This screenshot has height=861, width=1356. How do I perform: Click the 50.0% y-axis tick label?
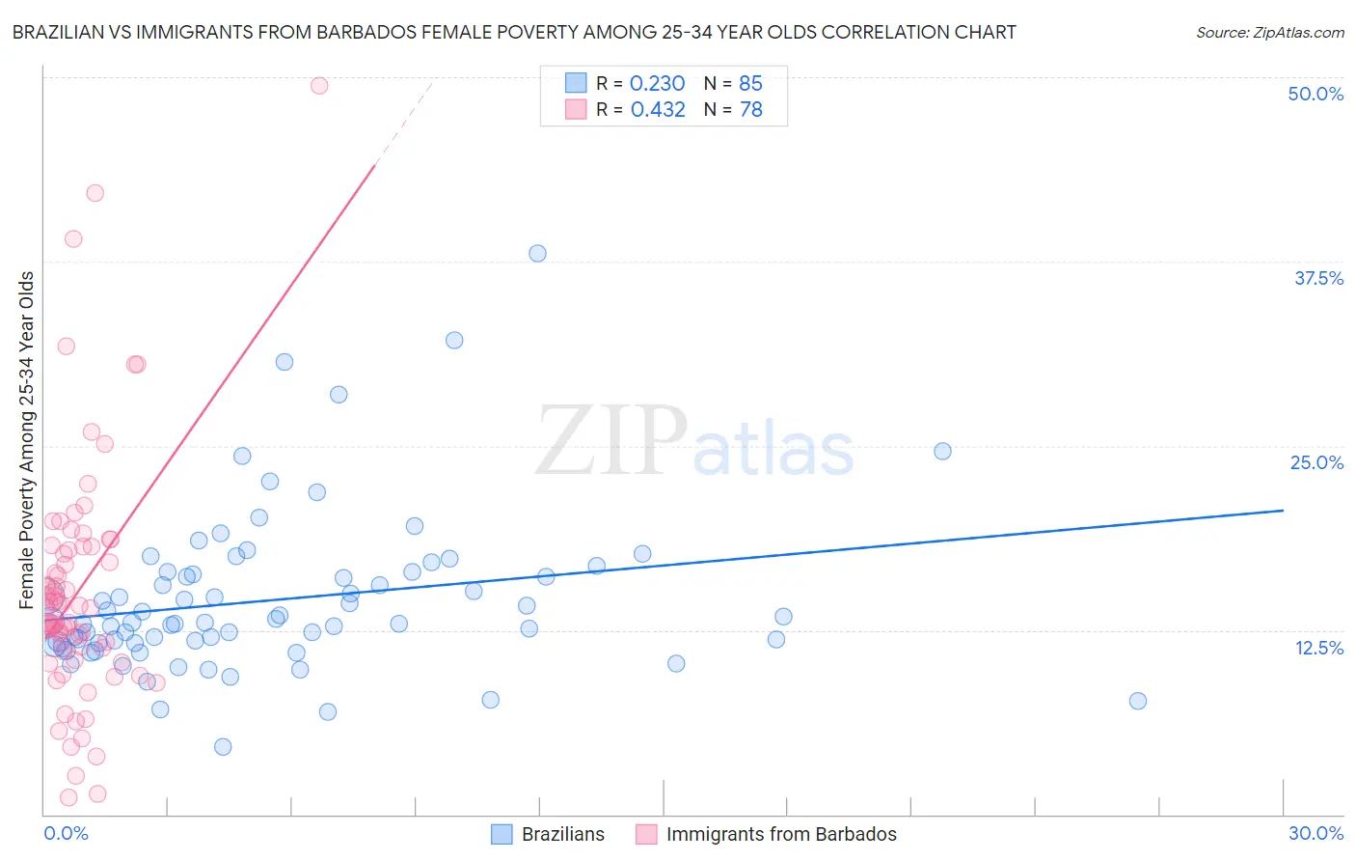(x=1315, y=94)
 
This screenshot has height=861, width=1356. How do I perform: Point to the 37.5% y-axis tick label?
(x=1318, y=278)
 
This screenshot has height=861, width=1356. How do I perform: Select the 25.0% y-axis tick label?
(x=1316, y=462)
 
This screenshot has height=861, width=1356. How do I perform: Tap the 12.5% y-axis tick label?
(x=1318, y=648)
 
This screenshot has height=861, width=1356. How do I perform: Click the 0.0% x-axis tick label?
(x=66, y=833)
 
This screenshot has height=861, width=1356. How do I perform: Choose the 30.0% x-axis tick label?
(x=1315, y=833)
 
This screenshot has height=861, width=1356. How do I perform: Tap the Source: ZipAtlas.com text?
(x=1269, y=32)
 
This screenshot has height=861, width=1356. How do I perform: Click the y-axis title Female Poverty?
(x=27, y=440)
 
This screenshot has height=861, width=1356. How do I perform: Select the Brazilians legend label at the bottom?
(x=562, y=834)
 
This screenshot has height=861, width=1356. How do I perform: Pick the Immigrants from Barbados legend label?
(x=780, y=834)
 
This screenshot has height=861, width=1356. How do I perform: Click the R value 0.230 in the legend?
(x=657, y=84)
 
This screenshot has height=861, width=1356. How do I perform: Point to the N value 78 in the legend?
(x=750, y=110)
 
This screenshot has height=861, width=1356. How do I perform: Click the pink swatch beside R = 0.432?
(x=576, y=109)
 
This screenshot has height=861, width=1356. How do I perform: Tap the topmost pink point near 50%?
(x=319, y=85)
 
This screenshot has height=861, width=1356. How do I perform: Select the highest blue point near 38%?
(x=537, y=253)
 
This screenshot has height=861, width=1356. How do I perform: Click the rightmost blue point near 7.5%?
(x=1138, y=701)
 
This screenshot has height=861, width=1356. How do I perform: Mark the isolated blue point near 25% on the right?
(x=942, y=451)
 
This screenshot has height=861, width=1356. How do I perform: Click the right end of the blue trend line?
(x=1283, y=510)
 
